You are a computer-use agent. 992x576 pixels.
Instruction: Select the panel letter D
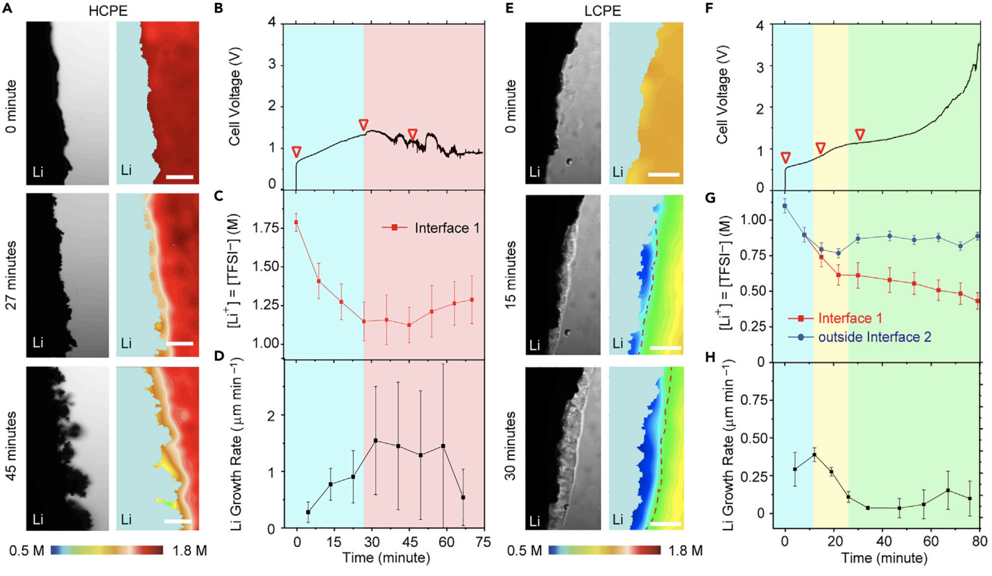click(237, 358)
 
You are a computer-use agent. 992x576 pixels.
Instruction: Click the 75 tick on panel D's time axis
click(482, 542)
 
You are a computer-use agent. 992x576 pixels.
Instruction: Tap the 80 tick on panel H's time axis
click(980, 542)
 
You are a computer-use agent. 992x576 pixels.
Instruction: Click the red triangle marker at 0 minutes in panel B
click(296, 152)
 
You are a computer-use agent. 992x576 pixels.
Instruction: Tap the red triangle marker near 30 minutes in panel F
click(860, 134)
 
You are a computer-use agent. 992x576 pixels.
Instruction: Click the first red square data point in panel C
click(297, 222)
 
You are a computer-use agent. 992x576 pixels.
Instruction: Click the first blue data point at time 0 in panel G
click(785, 205)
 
